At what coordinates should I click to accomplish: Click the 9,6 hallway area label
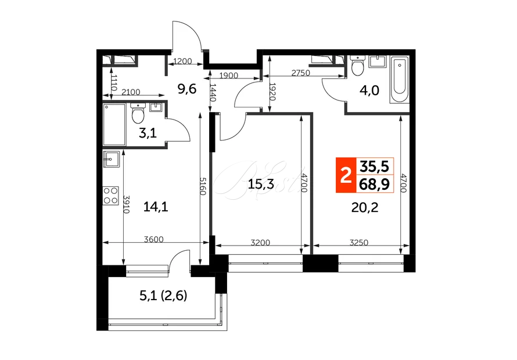coord(187,89)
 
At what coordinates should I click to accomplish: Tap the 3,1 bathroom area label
coord(148,133)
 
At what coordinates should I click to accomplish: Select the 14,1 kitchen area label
coord(156,207)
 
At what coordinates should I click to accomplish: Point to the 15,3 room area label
coord(261,184)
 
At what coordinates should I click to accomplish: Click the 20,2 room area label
coord(365,208)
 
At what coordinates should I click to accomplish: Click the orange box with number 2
coord(346,175)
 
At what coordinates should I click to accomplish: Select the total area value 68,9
coord(374,184)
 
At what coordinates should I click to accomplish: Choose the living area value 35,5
coord(374,167)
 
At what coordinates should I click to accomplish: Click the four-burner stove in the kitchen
coord(110,196)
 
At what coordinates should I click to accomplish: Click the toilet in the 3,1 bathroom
coord(138,113)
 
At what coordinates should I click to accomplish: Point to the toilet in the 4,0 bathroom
coord(357,65)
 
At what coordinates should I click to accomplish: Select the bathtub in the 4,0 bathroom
coord(399,80)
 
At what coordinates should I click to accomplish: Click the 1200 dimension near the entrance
coord(182,62)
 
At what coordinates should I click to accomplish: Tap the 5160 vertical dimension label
coord(203,186)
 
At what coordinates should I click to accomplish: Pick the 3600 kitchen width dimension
coord(154,239)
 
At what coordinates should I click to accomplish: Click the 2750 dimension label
coord(301,73)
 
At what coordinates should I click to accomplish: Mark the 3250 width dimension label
coord(359,243)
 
